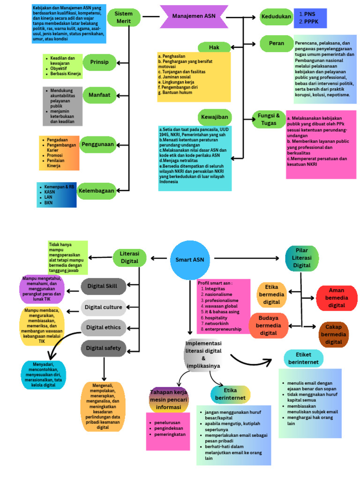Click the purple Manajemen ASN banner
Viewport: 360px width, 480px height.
pos(194,16)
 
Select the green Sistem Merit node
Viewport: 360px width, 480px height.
pos(123,17)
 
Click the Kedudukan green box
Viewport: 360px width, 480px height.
pos(277,17)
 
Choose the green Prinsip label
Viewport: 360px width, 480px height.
pos(99,62)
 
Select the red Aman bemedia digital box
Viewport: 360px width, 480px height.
pos(337,298)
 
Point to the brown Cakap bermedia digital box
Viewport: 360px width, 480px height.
pos(333,335)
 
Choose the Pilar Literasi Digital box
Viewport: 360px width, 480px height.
pos(302,257)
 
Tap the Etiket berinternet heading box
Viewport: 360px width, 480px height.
pos(303,358)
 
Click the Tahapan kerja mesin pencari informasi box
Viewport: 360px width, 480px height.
pos(168,400)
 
